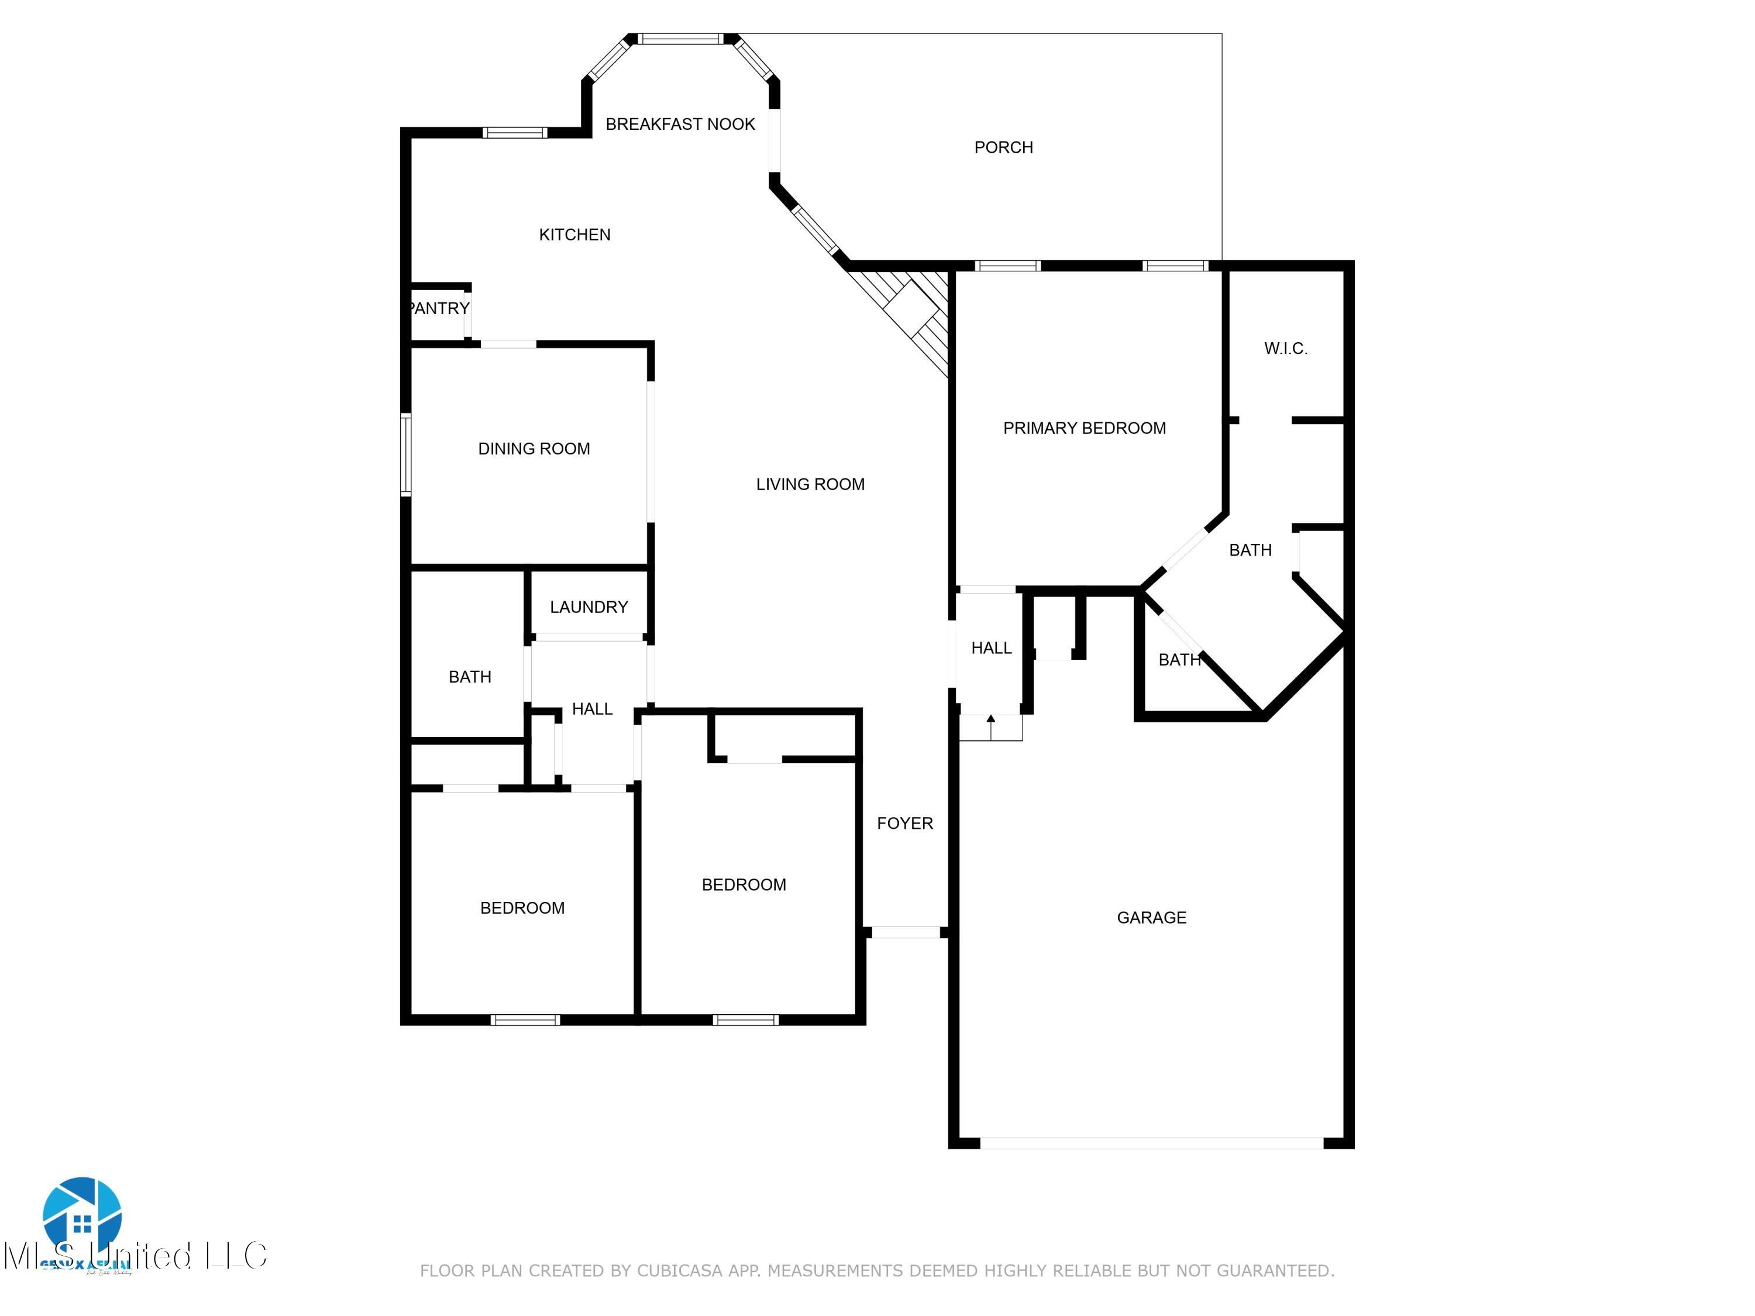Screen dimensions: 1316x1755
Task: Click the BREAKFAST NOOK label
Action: (680, 124)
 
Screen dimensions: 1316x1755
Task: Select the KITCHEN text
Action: (574, 235)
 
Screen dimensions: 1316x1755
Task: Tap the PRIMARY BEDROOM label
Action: (1084, 428)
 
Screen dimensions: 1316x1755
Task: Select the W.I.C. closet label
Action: (1285, 348)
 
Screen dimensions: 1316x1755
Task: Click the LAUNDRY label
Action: (589, 607)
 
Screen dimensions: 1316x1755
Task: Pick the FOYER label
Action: (904, 824)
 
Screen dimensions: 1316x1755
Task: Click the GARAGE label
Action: (1151, 918)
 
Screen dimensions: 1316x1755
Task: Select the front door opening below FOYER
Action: (905, 933)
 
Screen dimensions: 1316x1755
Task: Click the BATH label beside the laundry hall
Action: (470, 677)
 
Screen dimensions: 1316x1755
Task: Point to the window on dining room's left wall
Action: (405, 454)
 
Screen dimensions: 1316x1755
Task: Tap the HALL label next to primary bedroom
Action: (991, 648)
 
